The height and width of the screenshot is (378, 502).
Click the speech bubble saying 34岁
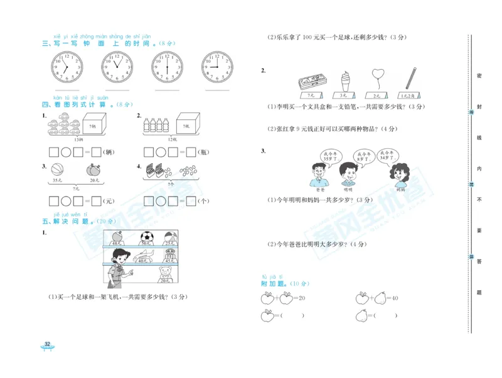tap(388, 155)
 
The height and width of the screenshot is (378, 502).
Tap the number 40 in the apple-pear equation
tap(395, 298)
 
